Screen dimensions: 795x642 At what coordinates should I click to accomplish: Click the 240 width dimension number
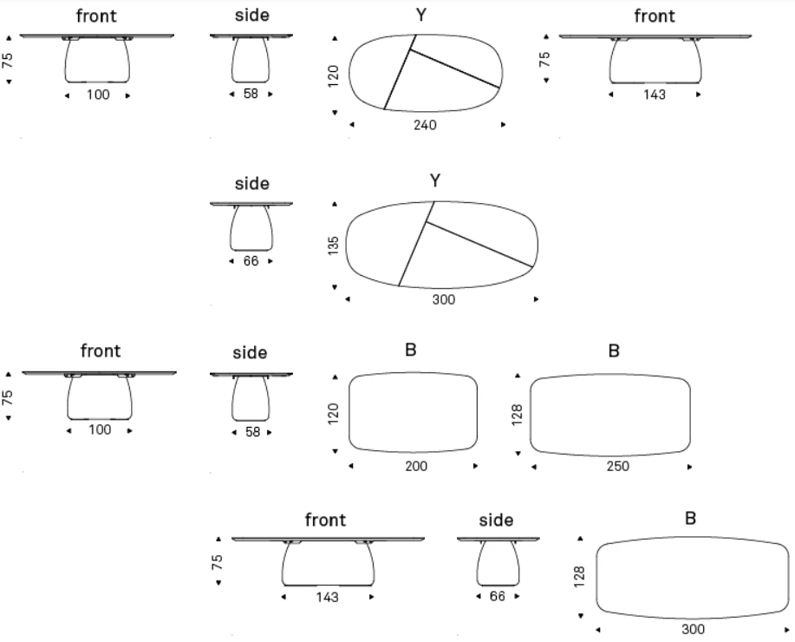(x=425, y=125)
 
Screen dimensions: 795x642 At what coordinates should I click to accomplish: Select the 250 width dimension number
(x=617, y=467)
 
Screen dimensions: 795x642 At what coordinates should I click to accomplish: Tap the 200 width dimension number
(x=416, y=466)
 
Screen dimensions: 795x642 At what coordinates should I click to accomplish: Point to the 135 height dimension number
(x=333, y=246)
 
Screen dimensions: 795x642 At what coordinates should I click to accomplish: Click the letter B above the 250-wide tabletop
(x=614, y=350)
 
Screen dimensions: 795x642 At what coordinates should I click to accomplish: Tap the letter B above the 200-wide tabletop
(x=411, y=350)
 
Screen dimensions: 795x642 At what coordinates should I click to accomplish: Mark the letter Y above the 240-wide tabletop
(x=420, y=16)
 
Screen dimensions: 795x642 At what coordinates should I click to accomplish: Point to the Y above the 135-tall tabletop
(x=435, y=180)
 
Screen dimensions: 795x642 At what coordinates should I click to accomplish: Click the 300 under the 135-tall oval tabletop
(x=444, y=299)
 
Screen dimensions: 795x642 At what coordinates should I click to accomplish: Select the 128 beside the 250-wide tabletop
(x=517, y=415)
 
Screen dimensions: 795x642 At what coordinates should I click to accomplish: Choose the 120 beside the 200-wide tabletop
(x=333, y=414)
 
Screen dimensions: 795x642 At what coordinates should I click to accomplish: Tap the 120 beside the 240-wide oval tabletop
(x=333, y=76)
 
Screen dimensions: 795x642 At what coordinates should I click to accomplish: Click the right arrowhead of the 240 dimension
(x=503, y=124)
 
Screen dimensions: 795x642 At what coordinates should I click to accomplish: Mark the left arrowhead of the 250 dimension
(x=534, y=467)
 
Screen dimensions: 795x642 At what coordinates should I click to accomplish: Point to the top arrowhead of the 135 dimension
(x=334, y=204)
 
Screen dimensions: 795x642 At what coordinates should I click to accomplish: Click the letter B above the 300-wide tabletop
(x=690, y=519)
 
